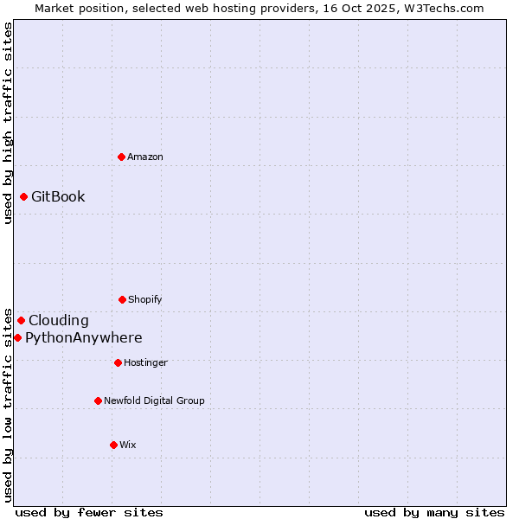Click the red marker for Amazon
coord(121,157)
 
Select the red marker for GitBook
coord(23,196)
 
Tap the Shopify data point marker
coord(122,299)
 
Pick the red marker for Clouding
coord(21,320)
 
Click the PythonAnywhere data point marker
coord(17,337)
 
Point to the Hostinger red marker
coord(118,362)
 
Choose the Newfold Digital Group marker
coord(98,400)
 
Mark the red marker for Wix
coord(113,445)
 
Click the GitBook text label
coord(58,196)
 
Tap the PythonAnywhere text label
coord(83,337)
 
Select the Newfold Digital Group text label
coord(154,400)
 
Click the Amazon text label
coord(145,157)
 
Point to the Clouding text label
coord(58,320)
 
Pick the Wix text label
coord(128,445)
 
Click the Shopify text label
coord(145,299)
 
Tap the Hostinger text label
coord(145,362)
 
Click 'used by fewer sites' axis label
coord(89,512)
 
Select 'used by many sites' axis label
coord(434,512)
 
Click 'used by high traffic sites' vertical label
coord(8,123)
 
